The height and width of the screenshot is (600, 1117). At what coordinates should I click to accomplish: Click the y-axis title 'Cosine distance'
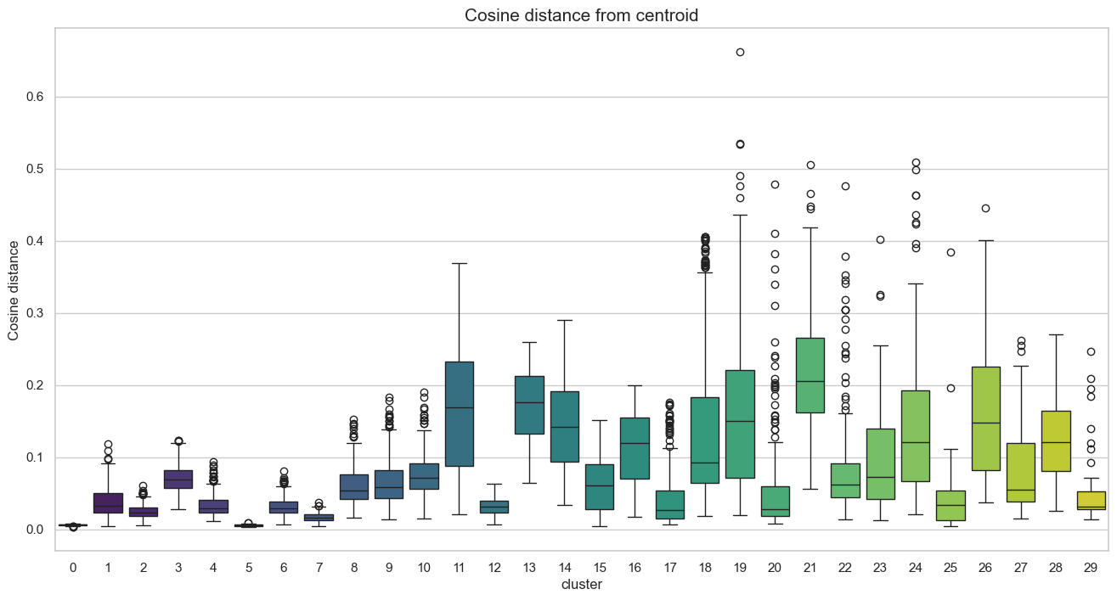(14, 290)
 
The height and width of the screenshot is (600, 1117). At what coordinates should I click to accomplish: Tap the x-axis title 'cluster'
(582, 585)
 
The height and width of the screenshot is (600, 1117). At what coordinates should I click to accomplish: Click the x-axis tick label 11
(459, 566)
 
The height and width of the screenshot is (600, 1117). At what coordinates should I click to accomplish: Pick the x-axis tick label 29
(1090, 566)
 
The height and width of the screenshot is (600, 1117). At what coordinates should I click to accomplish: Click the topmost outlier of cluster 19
(740, 53)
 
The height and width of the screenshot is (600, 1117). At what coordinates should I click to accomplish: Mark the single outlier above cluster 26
(985, 208)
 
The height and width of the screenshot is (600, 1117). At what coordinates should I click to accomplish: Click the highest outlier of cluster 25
(951, 253)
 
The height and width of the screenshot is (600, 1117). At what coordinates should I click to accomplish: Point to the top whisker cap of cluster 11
(459, 263)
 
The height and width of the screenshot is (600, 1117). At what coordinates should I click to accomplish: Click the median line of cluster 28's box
(1055, 442)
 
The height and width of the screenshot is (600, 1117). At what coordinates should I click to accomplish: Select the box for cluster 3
(178, 479)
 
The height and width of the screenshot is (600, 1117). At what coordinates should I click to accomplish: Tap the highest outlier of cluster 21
(810, 165)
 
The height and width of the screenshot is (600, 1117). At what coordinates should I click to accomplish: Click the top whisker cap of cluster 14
(564, 320)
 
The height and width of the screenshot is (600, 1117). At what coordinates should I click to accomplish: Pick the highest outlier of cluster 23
(880, 240)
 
